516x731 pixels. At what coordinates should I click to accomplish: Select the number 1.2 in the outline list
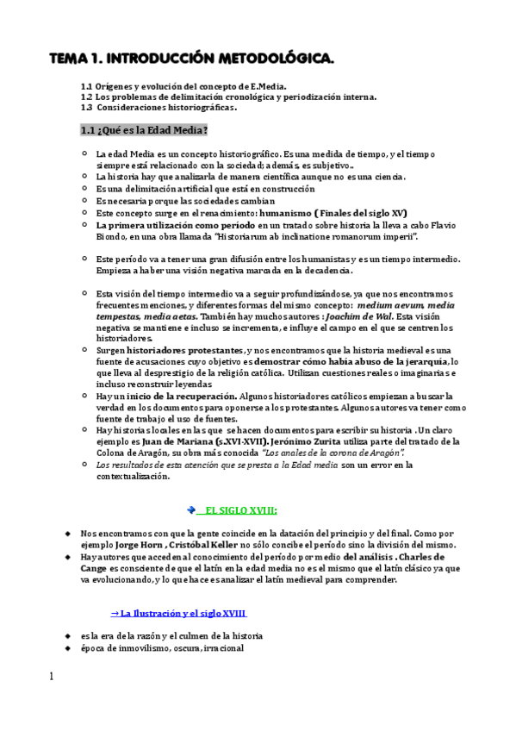[86, 97]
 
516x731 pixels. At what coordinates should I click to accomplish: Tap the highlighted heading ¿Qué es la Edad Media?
[143, 131]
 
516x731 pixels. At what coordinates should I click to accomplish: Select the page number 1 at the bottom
[52, 677]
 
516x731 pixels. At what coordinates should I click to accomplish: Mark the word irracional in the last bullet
[222, 648]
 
